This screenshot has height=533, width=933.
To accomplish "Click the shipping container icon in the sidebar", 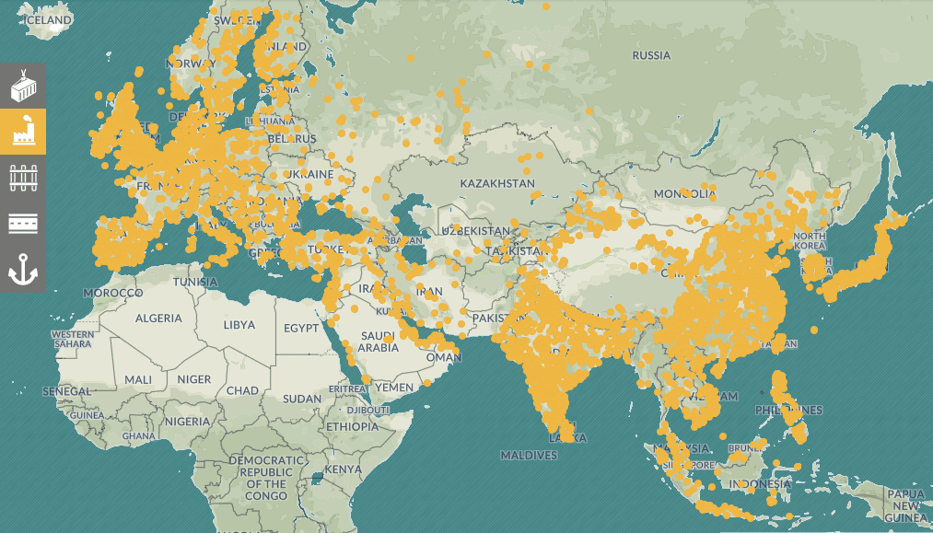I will (22, 87).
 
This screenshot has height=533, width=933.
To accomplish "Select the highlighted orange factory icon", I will (22, 132).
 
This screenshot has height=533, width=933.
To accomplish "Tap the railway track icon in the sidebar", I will (22, 177).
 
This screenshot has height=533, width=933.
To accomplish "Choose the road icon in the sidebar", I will (22, 223).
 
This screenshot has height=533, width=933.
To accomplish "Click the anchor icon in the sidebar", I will (22, 269).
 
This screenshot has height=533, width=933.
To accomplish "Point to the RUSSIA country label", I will (651, 55).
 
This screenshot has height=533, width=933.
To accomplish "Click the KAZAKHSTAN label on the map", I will (497, 183).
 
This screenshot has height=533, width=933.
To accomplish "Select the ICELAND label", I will (47, 20).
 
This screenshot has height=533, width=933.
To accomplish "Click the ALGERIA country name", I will (159, 318).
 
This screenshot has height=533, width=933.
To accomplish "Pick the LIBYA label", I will (239, 325).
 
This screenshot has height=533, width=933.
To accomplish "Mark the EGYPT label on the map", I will (300, 328).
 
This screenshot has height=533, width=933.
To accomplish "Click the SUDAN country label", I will (302, 399).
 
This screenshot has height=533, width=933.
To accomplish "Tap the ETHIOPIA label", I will (352, 426).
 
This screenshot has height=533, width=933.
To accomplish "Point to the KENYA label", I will (343, 469).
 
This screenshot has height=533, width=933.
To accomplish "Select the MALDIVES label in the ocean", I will (529, 455).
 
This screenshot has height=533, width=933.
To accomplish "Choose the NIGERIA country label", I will (188, 421).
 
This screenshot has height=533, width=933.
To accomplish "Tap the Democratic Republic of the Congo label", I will (266, 477).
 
